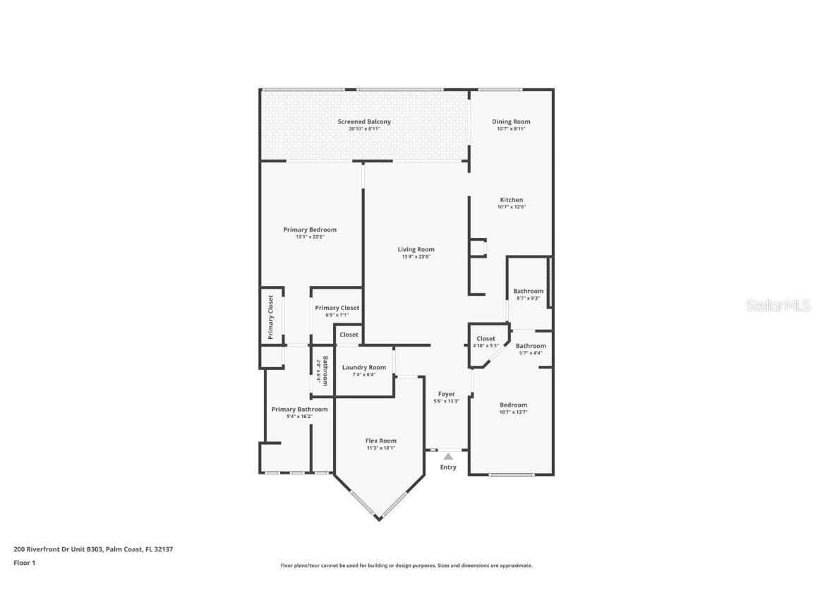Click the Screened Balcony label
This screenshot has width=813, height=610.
(363, 121)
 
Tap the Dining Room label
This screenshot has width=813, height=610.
(511, 121)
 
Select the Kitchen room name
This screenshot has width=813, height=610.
(511, 200)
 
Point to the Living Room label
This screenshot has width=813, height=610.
(416, 249)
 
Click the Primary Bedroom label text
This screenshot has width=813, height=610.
(310, 229)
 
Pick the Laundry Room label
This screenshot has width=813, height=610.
(363, 367)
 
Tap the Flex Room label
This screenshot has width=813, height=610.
(380, 441)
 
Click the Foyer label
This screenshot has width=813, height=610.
(446, 394)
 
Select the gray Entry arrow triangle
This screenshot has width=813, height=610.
(448, 457)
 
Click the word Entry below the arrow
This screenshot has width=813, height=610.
(448, 467)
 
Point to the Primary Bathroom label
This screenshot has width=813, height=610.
(299, 409)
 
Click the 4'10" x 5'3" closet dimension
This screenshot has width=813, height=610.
(486, 346)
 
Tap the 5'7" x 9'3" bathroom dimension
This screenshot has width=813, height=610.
(528, 299)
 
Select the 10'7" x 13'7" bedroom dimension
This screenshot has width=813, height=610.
(513, 412)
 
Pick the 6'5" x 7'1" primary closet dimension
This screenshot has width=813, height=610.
(337, 315)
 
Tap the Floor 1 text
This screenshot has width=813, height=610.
(24, 563)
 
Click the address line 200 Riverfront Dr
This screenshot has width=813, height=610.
(93, 549)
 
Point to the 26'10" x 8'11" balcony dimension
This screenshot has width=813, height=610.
(363, 129)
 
